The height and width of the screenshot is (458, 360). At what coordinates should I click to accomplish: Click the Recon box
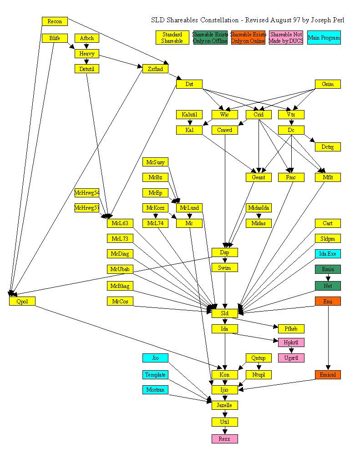[x=55, y=21]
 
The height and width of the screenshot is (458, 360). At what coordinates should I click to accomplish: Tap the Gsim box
[x=328, y=84]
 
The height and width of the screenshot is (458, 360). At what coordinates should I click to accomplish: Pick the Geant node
[x=259, y=177]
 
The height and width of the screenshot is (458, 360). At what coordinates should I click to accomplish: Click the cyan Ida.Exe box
[x=328, y=253]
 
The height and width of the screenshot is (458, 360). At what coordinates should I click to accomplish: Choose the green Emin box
[x=328, y=269]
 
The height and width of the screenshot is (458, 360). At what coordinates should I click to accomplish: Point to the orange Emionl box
[x=328, y=375]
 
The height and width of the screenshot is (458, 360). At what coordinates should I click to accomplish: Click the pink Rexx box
[x=225, y=438]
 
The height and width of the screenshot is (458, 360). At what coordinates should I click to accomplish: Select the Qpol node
[x=22, y=301]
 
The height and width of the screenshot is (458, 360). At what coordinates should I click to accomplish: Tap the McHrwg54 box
[x=87, y=193]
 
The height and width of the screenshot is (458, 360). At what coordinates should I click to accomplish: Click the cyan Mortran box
[x=155, y=390]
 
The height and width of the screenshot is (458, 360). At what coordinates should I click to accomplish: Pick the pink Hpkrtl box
[x=291, y=342]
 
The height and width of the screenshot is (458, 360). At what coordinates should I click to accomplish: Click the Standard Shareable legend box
[x=172, y=38]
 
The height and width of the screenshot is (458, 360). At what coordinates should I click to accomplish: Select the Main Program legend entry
[x=324, y=38]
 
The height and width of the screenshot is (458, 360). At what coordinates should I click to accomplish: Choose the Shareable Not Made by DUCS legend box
[x=286, y=38]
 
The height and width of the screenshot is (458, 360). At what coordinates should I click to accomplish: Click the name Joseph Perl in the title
[x=328, y=20]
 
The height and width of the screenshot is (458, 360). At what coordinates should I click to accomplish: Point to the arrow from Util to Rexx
[x=225, y=430]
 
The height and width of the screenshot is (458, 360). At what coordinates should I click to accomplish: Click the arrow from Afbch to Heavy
[x=86, y=46]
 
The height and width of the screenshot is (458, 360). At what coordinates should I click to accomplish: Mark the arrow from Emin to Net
[x=328, y=277]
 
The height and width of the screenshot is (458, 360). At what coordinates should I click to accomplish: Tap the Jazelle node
[x=225, y=405]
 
